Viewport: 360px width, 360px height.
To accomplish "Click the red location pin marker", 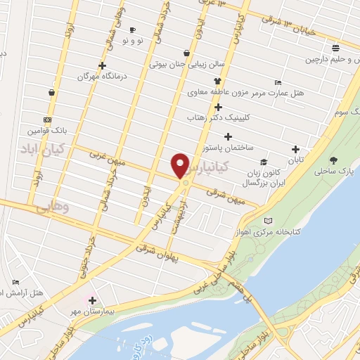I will click(181, 165).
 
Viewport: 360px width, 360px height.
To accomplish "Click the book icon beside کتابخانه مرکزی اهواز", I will click(267, 221).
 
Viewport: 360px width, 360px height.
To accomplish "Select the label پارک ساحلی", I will click(332, 171).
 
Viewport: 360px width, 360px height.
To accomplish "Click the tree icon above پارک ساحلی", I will click(333, 160).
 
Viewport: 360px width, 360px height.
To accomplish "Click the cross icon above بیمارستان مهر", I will click(92, 300).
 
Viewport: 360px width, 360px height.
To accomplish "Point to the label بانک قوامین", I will click(47, 131).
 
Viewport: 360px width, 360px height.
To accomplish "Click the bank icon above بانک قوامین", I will click(47, 120).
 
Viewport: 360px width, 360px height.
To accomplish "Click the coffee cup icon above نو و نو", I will click(132, 30).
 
